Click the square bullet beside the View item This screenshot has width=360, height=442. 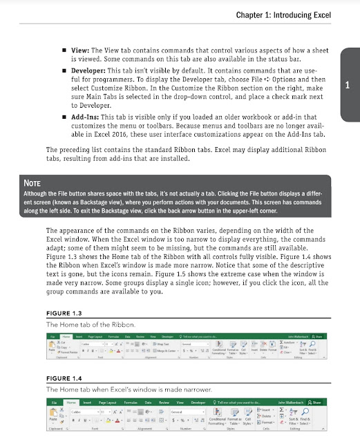64,50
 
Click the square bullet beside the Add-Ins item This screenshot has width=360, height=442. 64,117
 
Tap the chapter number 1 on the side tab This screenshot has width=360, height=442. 348,86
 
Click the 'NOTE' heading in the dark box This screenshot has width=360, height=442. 34,183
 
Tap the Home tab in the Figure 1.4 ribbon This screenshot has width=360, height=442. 70,401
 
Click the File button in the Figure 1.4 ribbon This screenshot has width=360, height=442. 53,401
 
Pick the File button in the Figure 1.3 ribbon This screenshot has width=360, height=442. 52,336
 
